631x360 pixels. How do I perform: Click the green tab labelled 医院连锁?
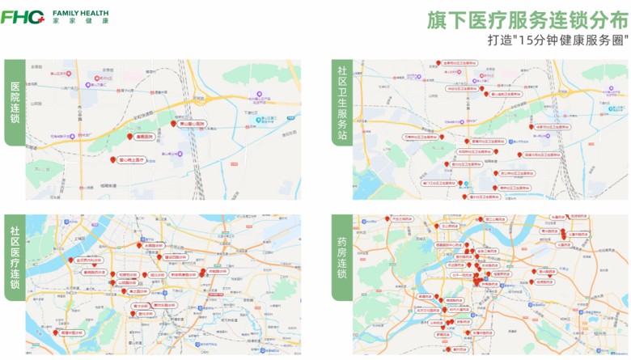(15, 102)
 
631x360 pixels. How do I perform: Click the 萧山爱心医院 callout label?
(192, 125)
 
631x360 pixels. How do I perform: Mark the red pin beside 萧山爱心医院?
(173, 124)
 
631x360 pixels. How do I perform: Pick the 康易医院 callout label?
(144, 137)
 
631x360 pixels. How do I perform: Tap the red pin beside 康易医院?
(129, 136)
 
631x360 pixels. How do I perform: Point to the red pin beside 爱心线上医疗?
(112, 160)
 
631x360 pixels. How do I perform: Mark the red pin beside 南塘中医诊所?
(55, 332)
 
